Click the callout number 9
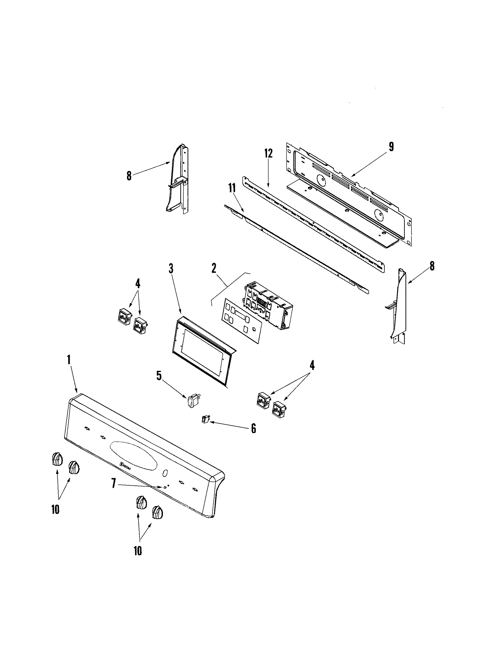391,147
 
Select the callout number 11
232,188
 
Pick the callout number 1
69,360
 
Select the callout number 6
253,429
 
